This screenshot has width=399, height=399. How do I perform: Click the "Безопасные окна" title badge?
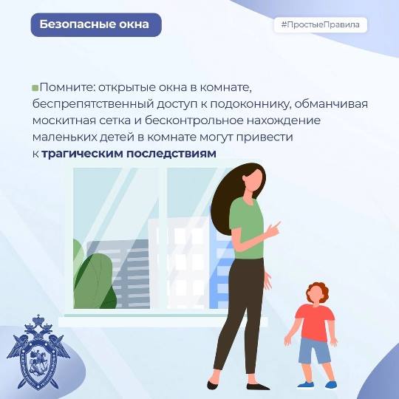click(96, 24)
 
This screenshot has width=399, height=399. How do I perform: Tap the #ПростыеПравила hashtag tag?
click(321, 24)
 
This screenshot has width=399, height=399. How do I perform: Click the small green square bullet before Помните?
click(35, 88)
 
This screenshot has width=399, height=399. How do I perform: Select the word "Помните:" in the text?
click(67, 87)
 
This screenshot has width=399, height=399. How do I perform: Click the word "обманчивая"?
click(331, 104)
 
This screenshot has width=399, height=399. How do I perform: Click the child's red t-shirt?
click(315, 323)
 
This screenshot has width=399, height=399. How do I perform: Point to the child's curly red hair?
click(318, 291)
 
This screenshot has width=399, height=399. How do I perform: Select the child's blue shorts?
click(314, 351)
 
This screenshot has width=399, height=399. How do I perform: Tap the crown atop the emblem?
click(38, 319)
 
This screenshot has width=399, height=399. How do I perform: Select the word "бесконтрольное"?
click(194, 120)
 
